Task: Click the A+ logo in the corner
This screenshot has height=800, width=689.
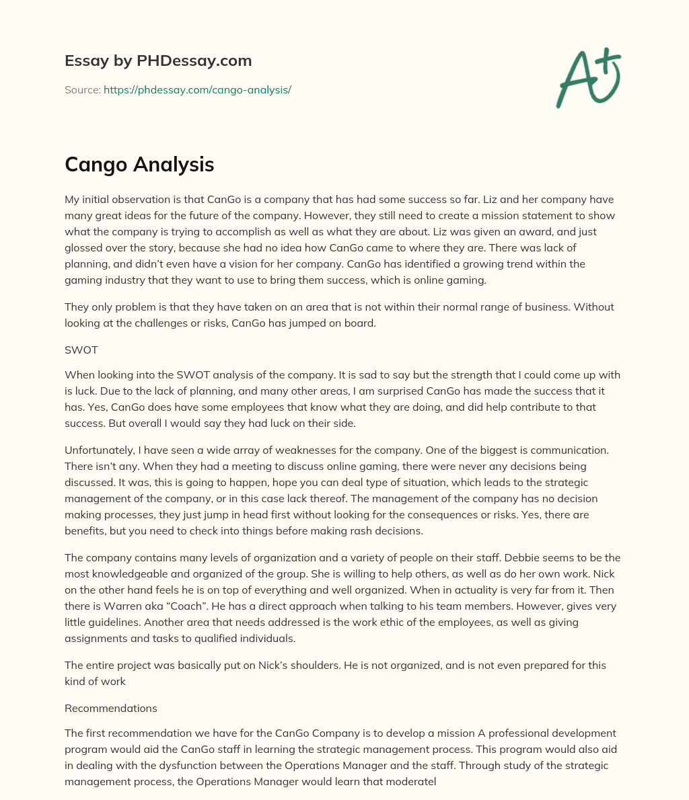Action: coord(588,78)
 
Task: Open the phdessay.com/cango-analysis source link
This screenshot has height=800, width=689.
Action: coord(197,89)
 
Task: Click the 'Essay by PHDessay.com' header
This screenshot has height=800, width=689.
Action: coord(158,61)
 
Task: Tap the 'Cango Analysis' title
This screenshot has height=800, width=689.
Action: coord(139,164)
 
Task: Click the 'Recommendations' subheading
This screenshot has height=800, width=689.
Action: coord(111,708)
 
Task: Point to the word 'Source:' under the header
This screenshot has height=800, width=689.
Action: coord(82,89)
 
